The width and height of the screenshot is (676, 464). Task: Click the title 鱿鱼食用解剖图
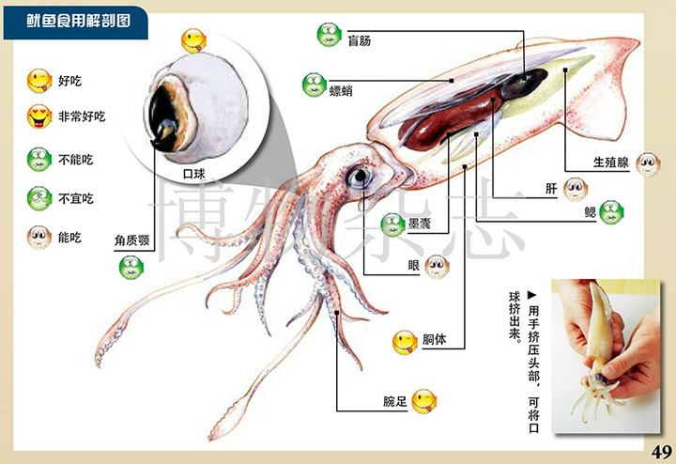(79, 21)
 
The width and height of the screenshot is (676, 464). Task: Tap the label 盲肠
(360, 41)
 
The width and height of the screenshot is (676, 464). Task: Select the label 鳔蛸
(341, 90)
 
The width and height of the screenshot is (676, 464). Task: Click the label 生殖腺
(611, 162)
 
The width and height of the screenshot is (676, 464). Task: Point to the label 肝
(551, 189)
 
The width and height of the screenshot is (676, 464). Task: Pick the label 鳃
(591, 212)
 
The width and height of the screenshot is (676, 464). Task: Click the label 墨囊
(420, 224)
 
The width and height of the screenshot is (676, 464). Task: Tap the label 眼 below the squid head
(414, 265)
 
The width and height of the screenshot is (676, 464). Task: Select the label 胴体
(434, 339)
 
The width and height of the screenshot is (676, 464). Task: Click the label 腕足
(395, 401)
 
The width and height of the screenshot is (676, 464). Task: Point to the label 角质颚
(132, 240)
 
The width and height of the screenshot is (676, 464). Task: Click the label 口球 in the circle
(194, 174)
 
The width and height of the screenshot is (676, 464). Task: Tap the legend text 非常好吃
(82, 116)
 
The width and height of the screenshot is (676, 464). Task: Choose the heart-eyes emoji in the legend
(39, 116)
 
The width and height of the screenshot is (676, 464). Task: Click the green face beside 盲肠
(330, 35)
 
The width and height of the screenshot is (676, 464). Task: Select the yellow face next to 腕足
(423, 401)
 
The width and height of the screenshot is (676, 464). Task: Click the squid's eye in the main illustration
(359, 177)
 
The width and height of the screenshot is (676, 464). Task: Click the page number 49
(662, 452)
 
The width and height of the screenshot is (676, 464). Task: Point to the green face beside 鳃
(611, 212)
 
